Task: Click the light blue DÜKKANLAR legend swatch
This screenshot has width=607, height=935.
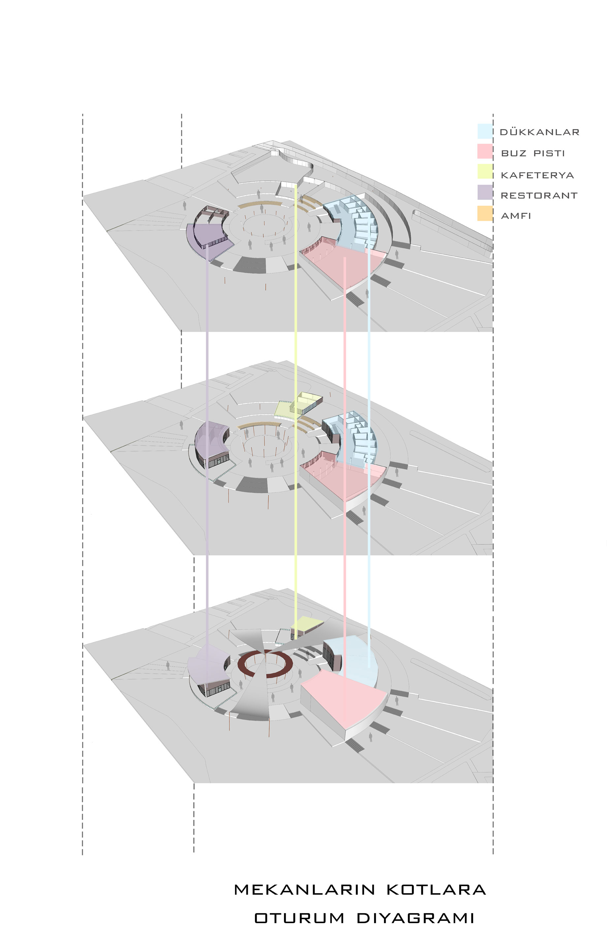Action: (485, 131)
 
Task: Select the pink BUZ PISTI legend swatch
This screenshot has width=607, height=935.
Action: (485, 151)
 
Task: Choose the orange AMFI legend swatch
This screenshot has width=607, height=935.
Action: (485, 213)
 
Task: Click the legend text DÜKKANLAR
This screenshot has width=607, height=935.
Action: (539, 132)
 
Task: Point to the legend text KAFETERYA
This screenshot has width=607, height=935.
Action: (537, 175)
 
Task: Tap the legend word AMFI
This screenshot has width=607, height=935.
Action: (516, 216)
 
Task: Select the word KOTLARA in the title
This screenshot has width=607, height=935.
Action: (436, 889)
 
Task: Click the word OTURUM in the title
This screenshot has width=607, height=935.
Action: (299, 918)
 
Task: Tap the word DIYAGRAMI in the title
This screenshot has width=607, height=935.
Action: (415, 918)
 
